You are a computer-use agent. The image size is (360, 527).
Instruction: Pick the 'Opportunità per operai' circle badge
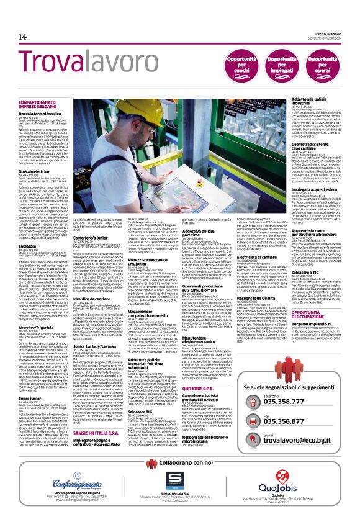335,61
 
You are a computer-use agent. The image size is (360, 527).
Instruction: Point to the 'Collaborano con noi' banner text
180,462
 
